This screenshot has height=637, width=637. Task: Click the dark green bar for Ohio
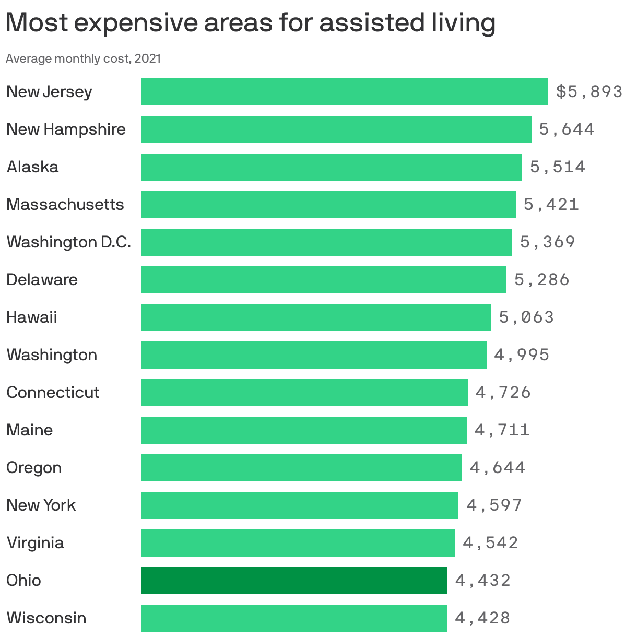(x=293, y=580)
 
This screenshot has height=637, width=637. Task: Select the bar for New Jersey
(x=344, y=92)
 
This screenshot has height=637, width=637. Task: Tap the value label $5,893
(x=589, y=92)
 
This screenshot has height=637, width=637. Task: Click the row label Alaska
(x=32, y=167)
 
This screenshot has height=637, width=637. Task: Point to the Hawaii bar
(x=315, y=317)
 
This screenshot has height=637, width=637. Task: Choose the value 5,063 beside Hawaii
(x=526, y=317)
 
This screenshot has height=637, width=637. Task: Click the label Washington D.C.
(x=68, y=242)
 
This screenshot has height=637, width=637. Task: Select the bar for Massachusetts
(x=328, y=205)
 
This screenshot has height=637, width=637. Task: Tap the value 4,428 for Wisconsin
(x=482, y=618)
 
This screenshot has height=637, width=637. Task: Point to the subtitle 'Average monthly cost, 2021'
(x=83, y=58)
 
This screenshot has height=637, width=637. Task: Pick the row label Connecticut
(x=53, y=393)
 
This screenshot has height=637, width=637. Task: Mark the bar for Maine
(x=303, y=430)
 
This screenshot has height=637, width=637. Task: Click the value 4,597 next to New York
(x=494, y=505)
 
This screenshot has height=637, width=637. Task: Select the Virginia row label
(x=35, y=543)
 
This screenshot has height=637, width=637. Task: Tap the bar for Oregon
(x=301, y=468)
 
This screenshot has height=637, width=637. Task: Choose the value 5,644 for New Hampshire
(x=567, y=129)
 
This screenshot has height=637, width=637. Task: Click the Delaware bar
(x=323, y=280)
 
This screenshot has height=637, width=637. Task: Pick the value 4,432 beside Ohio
(x=482, y=581)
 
